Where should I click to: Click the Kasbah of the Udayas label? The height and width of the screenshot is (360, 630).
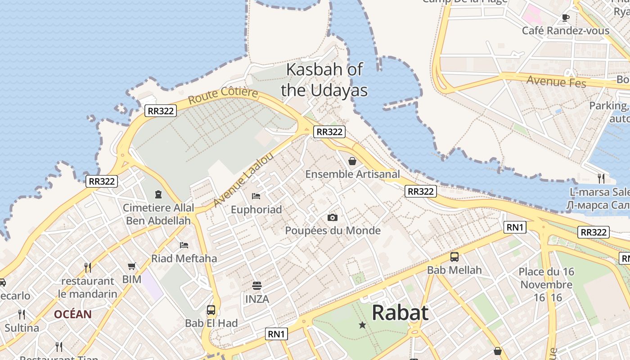pyautogui.click(x=324, y=80)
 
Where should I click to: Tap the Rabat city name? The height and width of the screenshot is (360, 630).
pyautogui.click(x=400, y=312)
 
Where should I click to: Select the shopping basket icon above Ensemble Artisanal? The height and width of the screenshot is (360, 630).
pyautogui.click(x=352, y=161)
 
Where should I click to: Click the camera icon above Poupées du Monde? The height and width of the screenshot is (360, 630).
pyautogui.click(x=333, y=218)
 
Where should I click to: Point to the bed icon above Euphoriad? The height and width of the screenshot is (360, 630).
pyautogui.click(x=256, y=196)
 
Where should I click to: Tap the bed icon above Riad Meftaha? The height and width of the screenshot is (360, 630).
pyautogui.click(x=184, y=245)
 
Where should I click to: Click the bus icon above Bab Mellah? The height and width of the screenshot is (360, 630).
pyautogui.click(x=454, y=257)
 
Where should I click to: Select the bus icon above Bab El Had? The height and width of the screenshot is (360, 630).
pyautogui.click(x=211, y=310)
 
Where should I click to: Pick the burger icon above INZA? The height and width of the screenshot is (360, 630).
pyautogui.click(x=257, y=285)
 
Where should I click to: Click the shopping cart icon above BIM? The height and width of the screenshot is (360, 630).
pyautogui.click(x=131, y=266)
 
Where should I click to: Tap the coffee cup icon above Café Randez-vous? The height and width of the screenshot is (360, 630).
pyautogui.click(x=566, y=18)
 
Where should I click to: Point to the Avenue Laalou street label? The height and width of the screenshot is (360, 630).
pyautogui.click(x=243, y=180)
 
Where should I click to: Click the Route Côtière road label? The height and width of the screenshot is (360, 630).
pyautogui.click(x=223, y=95)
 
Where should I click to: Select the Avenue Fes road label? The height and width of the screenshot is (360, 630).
pyautogui.click(x=556, y=81)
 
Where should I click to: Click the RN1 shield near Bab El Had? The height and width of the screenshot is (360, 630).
pyautogui.click(x=277, y=334)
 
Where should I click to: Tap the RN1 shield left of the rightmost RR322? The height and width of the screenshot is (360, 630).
pyautogui.click(x=515, y=227)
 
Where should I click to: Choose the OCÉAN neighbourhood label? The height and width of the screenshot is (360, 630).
pyautogui.click(x=73, y=314)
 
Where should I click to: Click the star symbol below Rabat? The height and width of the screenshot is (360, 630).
pyautogui.click(x=362, y=325)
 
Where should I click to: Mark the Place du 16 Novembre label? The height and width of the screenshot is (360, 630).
pyautogui.click(x=546, y=278)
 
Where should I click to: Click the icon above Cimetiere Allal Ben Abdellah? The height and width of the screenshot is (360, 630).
pyautogui.click(x=158, y=194)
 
